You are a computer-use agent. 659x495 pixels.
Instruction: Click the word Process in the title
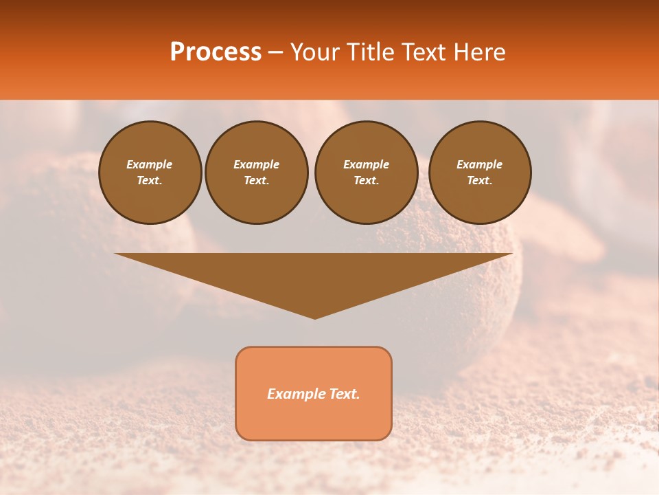[x=216, y=52]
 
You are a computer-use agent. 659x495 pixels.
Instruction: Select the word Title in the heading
[x=369, y=52]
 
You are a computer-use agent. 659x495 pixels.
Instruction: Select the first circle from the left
[x=150, y=173]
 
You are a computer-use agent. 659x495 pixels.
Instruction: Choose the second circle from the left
[x=257, y=173]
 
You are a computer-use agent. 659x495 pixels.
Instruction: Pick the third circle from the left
[x=366, y=173]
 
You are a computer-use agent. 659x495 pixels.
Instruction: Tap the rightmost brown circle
[x=480, y=173]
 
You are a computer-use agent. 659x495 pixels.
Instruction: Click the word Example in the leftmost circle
[x=150, y=164]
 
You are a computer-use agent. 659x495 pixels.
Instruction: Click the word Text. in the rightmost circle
[x=480, y=181]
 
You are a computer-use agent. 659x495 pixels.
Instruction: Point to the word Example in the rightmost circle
[x=480, y=164]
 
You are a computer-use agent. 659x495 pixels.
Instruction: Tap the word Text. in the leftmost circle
[x=150, y=181]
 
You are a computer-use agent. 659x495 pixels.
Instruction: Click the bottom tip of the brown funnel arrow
[x=314, y=317]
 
